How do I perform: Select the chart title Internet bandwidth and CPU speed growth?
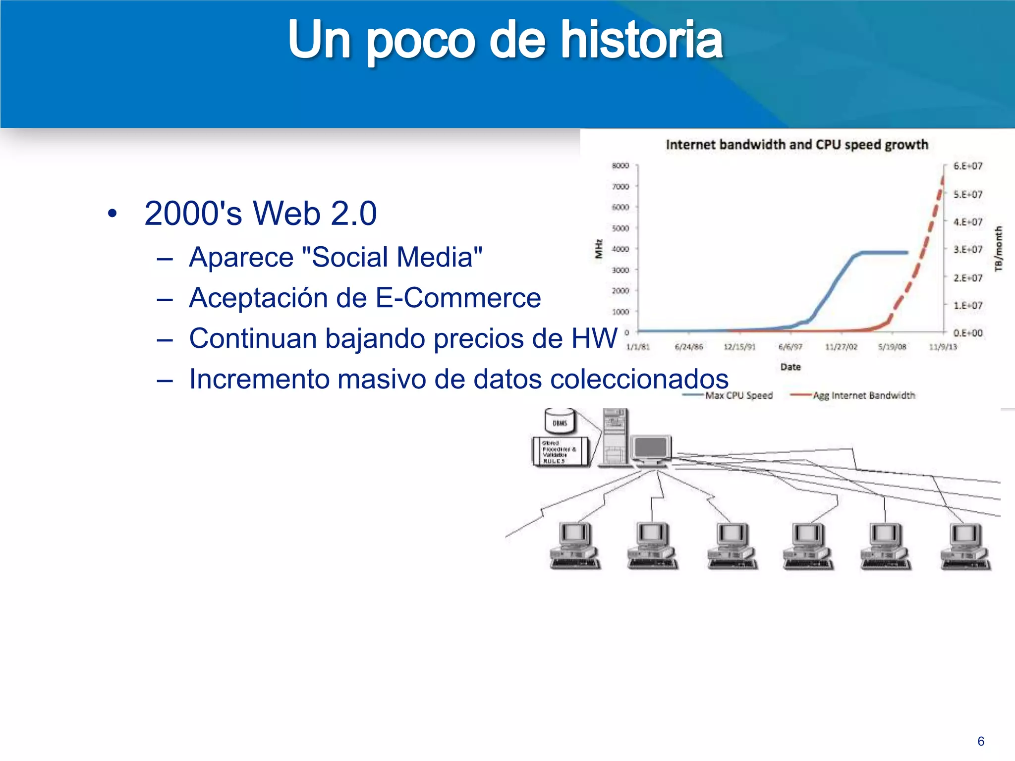[796, 145]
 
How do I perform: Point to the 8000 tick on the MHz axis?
[620, 165]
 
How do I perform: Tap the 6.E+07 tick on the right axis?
[967, 166]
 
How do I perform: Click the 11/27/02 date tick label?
[841, 347]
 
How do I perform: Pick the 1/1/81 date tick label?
[638, 347]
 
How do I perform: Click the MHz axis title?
[599, 249]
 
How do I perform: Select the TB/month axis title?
[998, 249]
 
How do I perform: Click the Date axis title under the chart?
[790, 367]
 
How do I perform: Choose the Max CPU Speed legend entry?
[738, 395]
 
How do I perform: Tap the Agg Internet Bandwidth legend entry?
[864, 395]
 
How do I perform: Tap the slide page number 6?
[980, 741]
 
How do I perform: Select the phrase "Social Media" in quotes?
[392, 258]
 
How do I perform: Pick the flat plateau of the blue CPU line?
[885, 253]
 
